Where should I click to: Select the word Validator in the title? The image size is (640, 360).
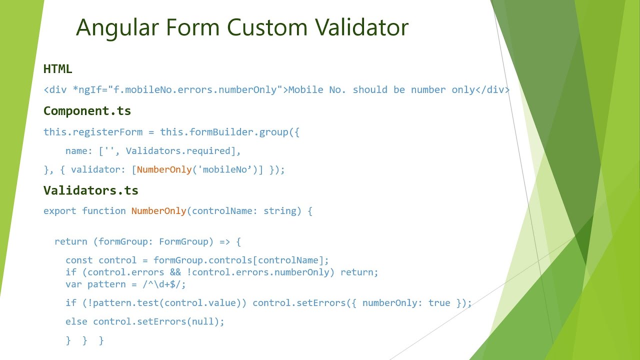pos(364,27)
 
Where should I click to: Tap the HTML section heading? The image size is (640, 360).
pos(58,69)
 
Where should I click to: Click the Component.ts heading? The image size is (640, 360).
pos(87,110)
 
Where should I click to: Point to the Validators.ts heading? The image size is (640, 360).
pos(91,190)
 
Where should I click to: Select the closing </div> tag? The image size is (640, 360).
pos(492,90)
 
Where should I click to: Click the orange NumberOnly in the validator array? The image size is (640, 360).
pos(164,169)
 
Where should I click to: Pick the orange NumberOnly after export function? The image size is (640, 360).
pos(158,211)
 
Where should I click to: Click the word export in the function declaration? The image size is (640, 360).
pos(60,211)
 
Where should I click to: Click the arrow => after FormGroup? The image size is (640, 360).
pos(224,242)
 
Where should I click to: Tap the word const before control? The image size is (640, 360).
pos(79,260)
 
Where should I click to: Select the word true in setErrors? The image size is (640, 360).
pos(439,303)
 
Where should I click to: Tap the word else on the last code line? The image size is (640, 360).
pos(76,321)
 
